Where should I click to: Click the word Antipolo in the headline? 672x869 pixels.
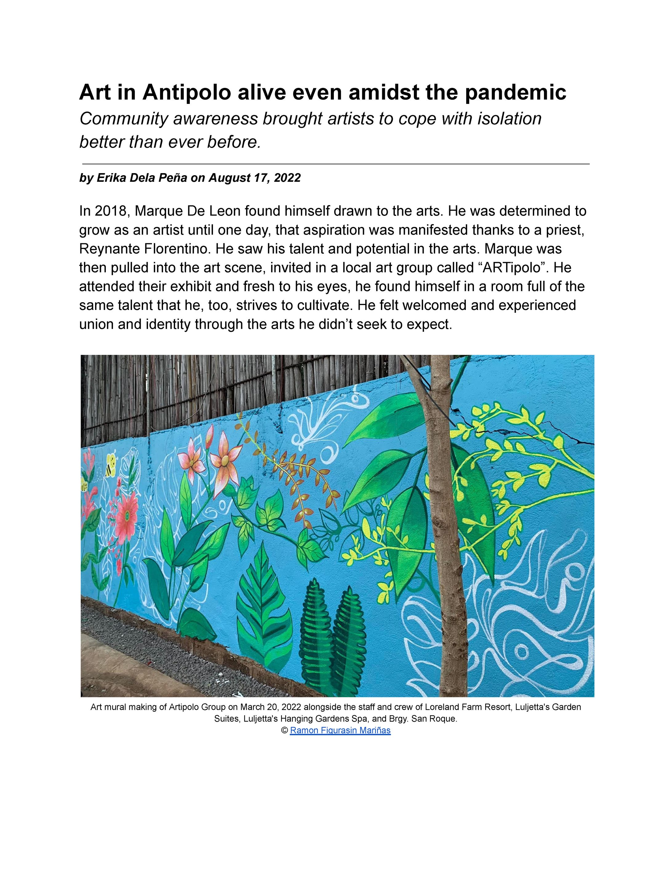point(187,92)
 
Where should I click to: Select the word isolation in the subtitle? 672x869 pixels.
point(510,119)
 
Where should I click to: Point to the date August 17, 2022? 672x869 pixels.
point(254,177)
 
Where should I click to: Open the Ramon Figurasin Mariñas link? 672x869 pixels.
point(340,731)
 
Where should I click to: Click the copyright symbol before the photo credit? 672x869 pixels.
point(285,731)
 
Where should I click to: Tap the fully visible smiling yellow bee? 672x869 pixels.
point(111,465)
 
